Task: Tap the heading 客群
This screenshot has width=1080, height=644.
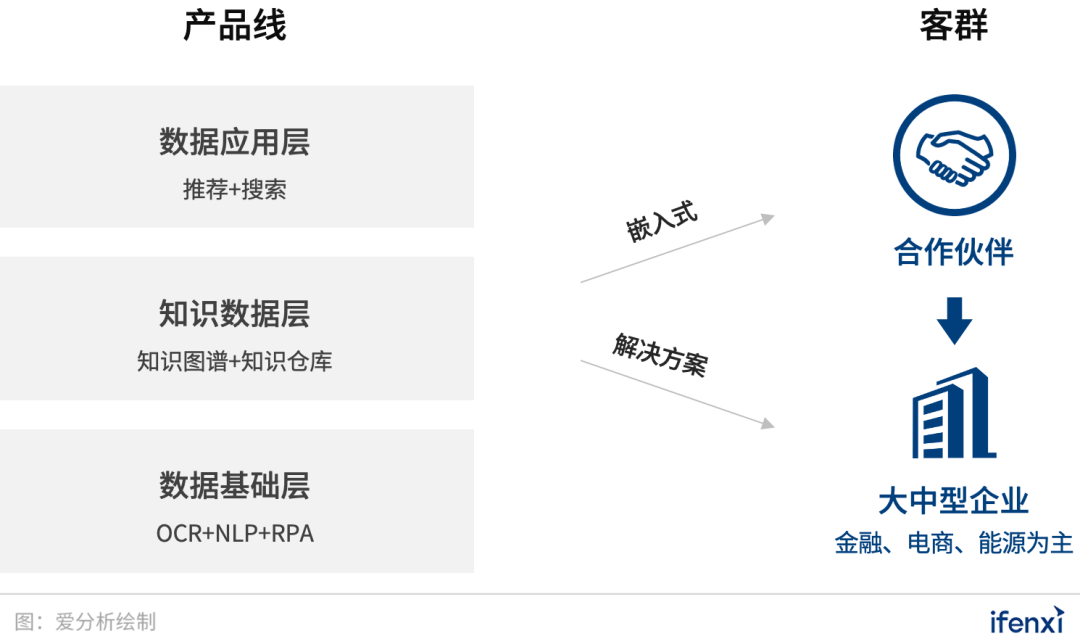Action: point(954,26)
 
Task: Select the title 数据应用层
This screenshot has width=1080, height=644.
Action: point(234,142)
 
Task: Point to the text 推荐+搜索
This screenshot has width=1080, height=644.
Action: point(234,190)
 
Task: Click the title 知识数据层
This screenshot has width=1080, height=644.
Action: point(234,314)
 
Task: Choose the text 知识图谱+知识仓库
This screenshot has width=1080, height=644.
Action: point(234,362)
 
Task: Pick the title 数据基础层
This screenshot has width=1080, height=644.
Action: point(234,486)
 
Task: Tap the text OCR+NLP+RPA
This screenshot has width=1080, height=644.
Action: point(234,534)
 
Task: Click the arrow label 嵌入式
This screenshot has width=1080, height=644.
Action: point(661,224)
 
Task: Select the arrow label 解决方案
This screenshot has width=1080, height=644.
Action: point(659,354)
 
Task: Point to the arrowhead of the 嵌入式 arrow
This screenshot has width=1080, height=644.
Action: point(768,217)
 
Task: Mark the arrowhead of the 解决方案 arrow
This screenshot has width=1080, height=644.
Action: point(767,424)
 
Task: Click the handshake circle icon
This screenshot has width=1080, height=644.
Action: point(954,155)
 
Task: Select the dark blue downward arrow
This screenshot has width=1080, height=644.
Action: point(954,320)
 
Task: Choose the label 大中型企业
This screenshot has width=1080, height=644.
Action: point(954,500)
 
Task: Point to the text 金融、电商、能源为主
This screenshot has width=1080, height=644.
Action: point(954,544)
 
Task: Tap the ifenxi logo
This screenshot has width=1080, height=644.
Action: point(1026,621)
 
